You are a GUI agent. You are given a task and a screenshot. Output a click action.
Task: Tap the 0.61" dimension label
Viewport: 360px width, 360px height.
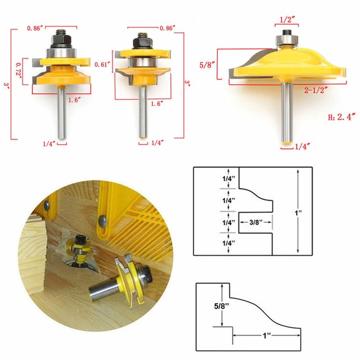(101, 64)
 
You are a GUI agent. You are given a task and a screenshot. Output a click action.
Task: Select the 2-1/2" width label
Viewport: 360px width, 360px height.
(316, 90)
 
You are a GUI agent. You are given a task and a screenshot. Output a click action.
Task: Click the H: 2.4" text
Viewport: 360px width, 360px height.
(342, 117)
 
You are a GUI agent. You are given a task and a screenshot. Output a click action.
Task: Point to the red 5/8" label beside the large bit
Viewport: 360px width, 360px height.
(207, 65)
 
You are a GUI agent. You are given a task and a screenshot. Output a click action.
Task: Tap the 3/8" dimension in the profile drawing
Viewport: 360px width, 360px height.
(256, 222)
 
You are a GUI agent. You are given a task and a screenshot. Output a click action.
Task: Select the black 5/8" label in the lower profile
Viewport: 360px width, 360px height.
(222, 306)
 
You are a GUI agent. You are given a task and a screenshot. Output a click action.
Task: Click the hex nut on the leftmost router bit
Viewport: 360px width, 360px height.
(62, 40)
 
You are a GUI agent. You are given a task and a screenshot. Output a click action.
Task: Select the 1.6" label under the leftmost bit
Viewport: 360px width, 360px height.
(74, 100)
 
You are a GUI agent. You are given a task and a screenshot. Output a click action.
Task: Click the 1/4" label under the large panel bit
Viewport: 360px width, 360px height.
(303, 146)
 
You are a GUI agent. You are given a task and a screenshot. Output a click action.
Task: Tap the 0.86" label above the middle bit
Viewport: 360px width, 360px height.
(168, 28)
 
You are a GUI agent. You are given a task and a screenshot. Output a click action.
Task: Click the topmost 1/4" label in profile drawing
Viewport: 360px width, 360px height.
(229, 178)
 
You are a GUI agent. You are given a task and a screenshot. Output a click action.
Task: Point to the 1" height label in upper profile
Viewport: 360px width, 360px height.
(298, 213)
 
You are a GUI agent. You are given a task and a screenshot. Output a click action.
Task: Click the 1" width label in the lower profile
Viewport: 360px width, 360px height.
(266, 336)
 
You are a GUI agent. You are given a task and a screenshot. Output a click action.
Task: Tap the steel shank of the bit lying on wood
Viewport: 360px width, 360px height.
(103, 289)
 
